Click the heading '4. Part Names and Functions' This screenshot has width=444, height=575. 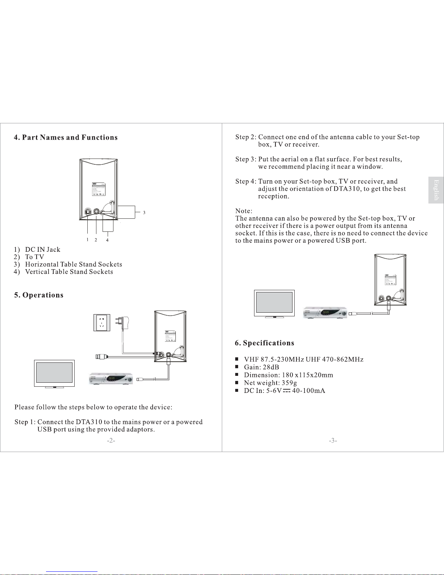tap(66, 137)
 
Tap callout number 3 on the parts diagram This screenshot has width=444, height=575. tap(144, 213)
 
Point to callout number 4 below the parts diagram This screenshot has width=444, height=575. tap(107, 240)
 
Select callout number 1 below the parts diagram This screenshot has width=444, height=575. tap(87, 240)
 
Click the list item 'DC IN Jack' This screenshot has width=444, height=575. tap(42, 250)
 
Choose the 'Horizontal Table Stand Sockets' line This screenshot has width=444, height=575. tap(73, 264)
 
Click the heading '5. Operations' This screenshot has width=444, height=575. tap(39, 295)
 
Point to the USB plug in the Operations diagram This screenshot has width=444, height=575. tap(101, 357)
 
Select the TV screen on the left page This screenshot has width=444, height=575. tap(54, 373)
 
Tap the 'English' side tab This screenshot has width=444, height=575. tap(436, 190)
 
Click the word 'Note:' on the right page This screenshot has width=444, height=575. tap(244, 211)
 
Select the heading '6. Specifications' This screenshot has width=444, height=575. tap(264, 343)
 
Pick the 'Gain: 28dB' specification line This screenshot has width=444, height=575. tap(261, 367)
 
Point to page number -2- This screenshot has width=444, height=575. tap(111, 441)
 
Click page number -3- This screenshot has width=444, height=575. tap(333, 441)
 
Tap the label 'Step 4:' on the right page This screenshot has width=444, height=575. tap(246, 181)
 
